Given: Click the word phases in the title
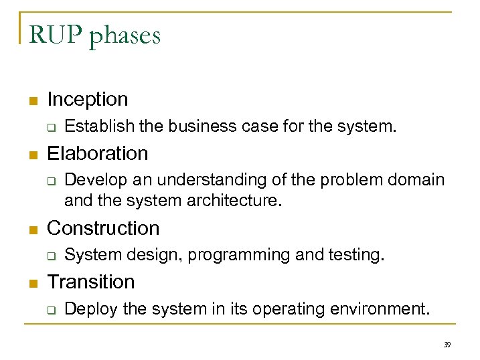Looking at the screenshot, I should point(125,35).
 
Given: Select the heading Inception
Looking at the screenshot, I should point(88,100).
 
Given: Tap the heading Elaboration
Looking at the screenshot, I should point(98,153).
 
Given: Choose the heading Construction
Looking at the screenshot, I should point(103,228).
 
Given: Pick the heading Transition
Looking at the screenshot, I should point(91,282).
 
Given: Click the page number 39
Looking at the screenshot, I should point(447,344).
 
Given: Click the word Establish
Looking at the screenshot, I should point(90,126).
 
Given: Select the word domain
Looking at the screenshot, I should point(417,180).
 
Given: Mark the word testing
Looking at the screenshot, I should point(357,255).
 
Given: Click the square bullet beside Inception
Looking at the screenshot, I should point(30,101).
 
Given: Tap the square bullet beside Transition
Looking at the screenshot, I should point(30,283).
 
